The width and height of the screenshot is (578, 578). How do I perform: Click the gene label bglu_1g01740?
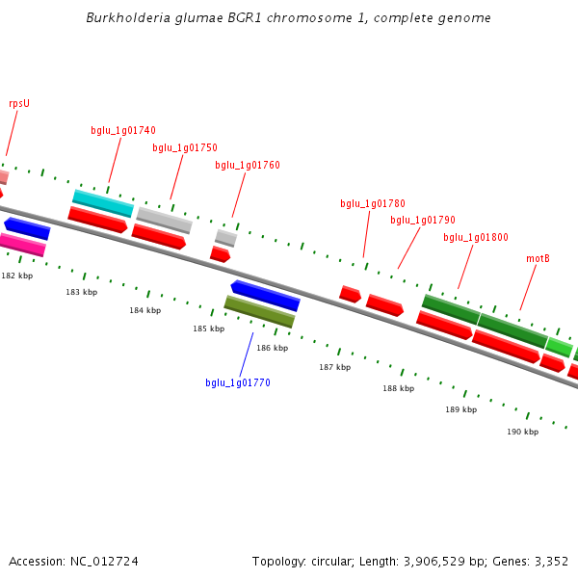click(123, 131)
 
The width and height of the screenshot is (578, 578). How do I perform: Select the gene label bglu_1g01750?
click(185, 148)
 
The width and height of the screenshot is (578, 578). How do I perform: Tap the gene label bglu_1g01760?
click(248, 166)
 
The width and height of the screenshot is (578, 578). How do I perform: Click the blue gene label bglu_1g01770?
click(238, 383)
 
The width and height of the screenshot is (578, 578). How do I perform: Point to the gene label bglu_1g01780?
click(373, 204)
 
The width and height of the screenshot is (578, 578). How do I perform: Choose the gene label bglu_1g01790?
click(423, 221)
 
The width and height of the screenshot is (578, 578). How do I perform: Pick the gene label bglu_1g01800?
click(476, 238)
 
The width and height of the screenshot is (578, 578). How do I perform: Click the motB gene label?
click(538, 259)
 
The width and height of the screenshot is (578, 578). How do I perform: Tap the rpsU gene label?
click(19, 104)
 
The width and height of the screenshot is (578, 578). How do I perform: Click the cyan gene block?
click(103, 202)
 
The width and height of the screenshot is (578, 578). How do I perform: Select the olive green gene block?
click(259, 311)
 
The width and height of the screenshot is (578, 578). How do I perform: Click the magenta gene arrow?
click(22, 245)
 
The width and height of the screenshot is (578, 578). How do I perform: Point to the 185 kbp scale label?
click(208, 329)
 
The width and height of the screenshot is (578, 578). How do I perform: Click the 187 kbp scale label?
click(335, 368)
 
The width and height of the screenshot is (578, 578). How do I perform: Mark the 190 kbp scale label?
click(522, 433)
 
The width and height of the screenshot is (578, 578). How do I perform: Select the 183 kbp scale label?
click(82, 292)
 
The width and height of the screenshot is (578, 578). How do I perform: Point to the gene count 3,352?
click(551, 562)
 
